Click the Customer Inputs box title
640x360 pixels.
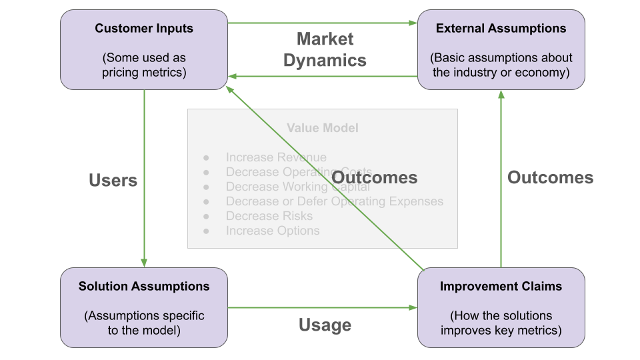coord(144,28)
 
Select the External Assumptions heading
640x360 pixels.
coord(501,28)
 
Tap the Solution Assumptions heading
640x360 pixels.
coord(144,287)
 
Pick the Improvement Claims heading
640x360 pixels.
coord(501,287)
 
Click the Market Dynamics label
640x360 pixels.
coord(325,49)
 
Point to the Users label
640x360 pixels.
coord(113,180)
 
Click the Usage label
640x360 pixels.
coord(325,325)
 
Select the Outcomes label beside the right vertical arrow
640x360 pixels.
coord(550,177)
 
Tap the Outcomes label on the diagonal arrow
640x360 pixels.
coord(375,177)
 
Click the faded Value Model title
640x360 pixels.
coord(323,127)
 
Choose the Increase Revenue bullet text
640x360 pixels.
coord(276,157)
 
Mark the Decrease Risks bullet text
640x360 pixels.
coord(269,216)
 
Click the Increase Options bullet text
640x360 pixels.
coord(273,231)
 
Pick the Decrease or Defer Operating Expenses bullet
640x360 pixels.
coord(334,201)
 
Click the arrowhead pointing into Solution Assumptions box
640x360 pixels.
coord(144,263)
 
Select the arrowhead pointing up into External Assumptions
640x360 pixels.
coord(501,95)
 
